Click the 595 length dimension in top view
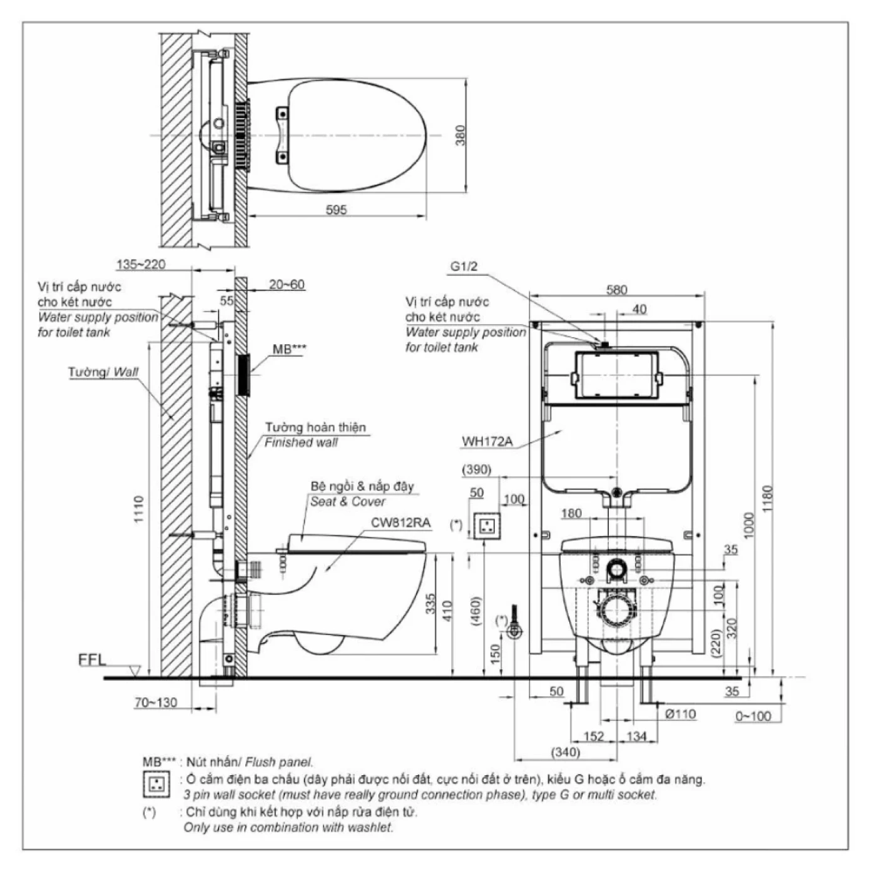tap(336, 210)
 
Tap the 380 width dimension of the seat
tap(461, 136)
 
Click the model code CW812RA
tap(400, 523)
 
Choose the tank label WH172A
tap(487, 442)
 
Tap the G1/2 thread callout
tap(464, 267)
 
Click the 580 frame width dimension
tap(616, 290)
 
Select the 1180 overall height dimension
tap(768, 498)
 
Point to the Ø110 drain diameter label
tap(680, 714)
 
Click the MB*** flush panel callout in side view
tap(290, 349)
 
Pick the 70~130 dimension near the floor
tap(156, 703)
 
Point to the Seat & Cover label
tap(347, 502)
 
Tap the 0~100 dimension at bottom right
tap(753, 716)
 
